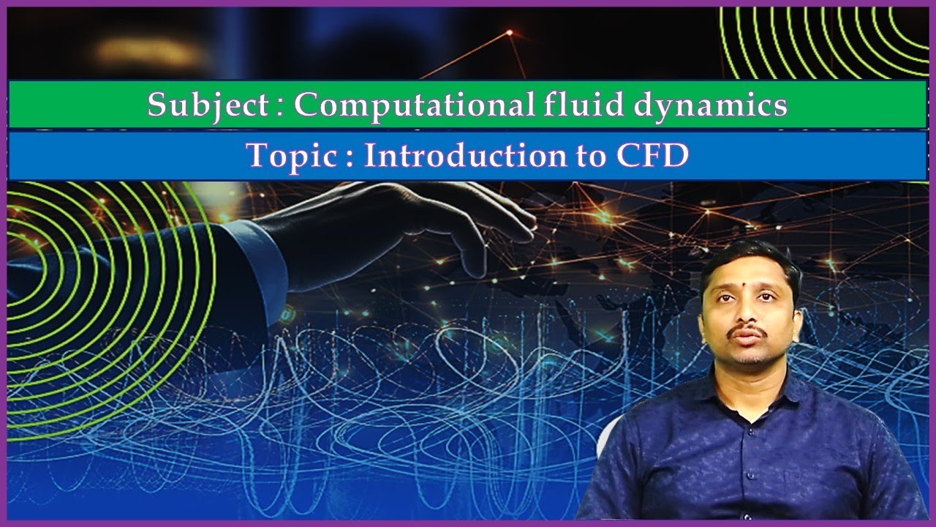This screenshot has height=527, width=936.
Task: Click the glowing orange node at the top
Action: point(510,32)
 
